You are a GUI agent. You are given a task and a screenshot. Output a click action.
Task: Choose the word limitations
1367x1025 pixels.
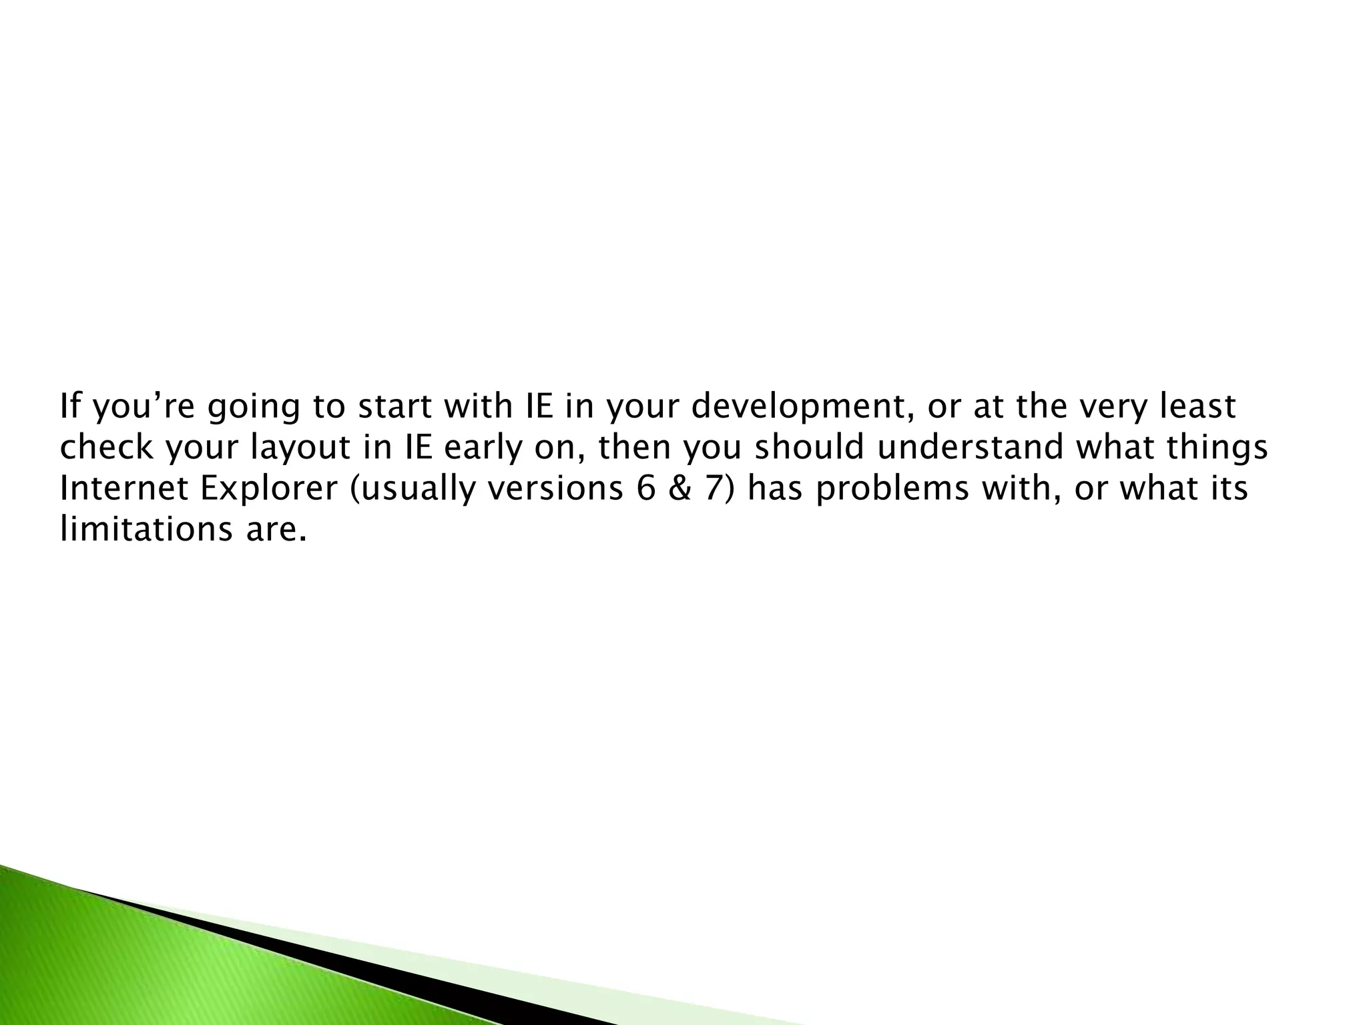142,530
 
